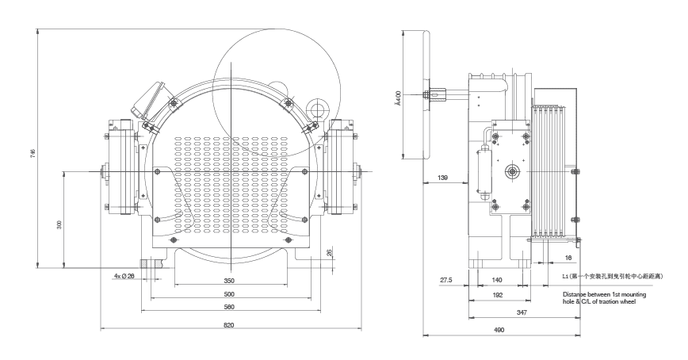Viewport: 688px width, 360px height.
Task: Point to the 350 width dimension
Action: (x=229, y=281)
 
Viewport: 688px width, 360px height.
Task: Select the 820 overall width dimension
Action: (x=229, y=325)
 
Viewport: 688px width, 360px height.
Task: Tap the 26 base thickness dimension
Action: (x=329, y=253)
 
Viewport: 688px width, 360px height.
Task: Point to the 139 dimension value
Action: (x=443, y=178)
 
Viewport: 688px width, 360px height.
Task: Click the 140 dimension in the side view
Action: (x=497, y=280)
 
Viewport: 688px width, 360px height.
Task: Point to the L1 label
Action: (x=565, y=277)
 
